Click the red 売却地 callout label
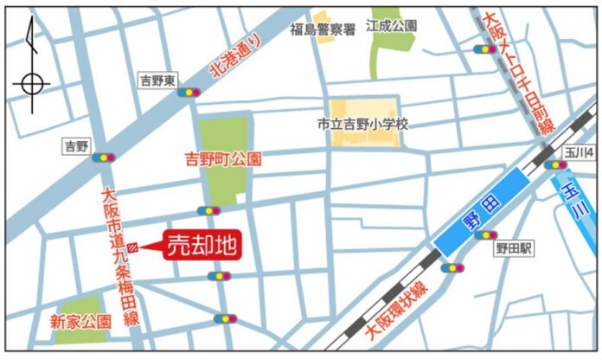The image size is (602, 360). pos(201,245)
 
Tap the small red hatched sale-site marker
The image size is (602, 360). pos(131,248)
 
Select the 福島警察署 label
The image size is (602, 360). pos(323,30)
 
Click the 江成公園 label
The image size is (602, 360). pos(392,26)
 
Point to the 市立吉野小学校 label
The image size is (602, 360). pos(362,124)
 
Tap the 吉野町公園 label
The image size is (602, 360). pos(224,159)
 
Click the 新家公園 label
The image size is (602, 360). pos(80,320)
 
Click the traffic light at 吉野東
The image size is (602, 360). pos(188,91)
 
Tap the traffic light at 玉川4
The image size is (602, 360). pos(555,164)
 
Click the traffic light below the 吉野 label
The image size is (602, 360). pos(105,157)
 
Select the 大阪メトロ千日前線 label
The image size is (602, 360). pos(517,73)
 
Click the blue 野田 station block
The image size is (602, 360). pos(480,211)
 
